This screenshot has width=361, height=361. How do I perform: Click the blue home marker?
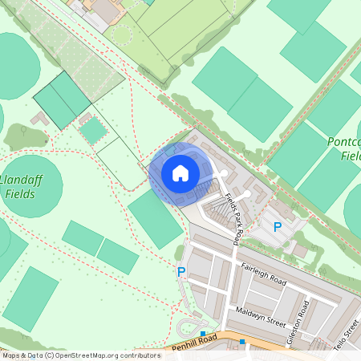tap(180, 173)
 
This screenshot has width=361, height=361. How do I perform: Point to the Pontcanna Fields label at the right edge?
tap(345, 148)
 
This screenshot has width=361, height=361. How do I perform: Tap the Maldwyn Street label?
tap(261, 317)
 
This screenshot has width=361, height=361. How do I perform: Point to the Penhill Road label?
tap(195, 343)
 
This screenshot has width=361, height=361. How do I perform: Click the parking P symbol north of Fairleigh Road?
tap(278, 227)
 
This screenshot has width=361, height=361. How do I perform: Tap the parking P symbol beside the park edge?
tap(180, 272)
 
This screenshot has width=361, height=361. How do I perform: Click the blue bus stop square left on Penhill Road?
tap(203, 334)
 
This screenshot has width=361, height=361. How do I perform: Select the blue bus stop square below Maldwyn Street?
tap(243, 341)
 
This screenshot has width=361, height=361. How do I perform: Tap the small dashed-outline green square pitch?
tap(93, 130)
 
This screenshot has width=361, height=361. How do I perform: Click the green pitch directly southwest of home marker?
tap(155, 218)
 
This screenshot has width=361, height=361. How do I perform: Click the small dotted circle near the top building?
tap(122, 34)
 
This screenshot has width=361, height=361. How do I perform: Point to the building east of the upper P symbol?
tap(300, 249)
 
